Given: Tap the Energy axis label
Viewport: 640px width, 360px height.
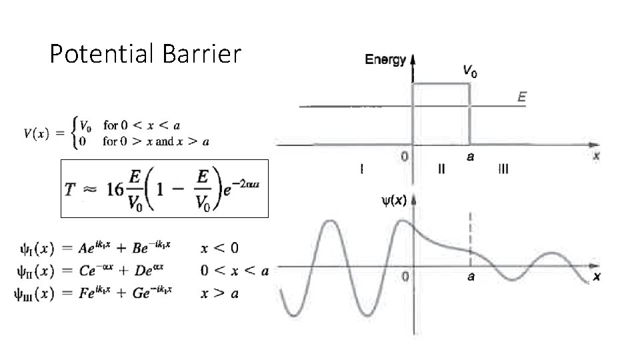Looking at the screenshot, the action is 385,60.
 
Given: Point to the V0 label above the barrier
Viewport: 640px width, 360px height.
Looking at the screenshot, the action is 469,71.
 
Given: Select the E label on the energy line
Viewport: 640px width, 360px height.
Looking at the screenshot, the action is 522,97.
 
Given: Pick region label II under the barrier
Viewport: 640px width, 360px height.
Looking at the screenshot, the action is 441,169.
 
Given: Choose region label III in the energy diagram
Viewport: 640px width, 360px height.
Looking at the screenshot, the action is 503,169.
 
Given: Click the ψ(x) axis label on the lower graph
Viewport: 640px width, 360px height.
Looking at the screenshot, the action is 394,199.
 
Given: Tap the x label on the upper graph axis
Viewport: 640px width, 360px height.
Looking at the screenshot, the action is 596,155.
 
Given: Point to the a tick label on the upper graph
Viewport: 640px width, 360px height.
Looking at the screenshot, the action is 471,157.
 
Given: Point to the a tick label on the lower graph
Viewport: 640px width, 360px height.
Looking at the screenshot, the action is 471,277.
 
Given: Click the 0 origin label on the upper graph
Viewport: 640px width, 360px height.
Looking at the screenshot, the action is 405,157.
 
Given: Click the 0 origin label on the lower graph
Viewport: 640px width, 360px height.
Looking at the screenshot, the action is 405,277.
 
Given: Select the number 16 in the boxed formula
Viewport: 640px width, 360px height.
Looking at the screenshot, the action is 115,189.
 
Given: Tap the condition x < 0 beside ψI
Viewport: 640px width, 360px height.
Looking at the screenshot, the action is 219,249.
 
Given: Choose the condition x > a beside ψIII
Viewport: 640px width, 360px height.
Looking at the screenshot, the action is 219,293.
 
